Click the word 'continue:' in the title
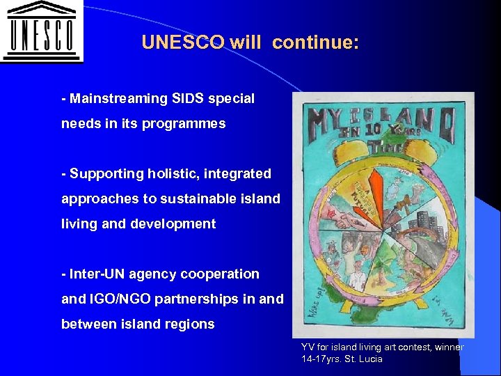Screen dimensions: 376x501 point(316,43)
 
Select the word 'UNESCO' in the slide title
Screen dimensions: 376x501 point(182,43)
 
